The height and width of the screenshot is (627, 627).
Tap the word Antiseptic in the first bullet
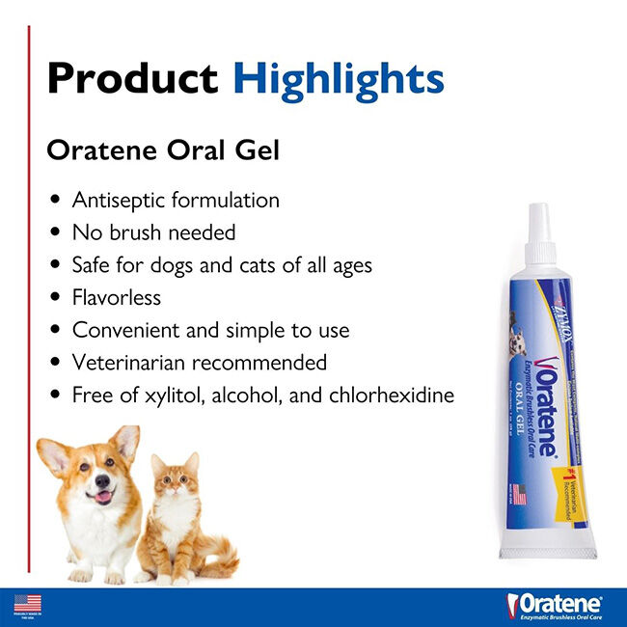click(x=119, y=200)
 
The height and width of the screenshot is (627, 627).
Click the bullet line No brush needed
click(x=153, y=232)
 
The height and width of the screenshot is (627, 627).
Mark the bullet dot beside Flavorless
click(x=55, y=298)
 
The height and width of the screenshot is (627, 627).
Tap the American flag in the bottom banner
click(x=20, y=603)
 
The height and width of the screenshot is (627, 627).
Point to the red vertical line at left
click(x=29, y=289)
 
